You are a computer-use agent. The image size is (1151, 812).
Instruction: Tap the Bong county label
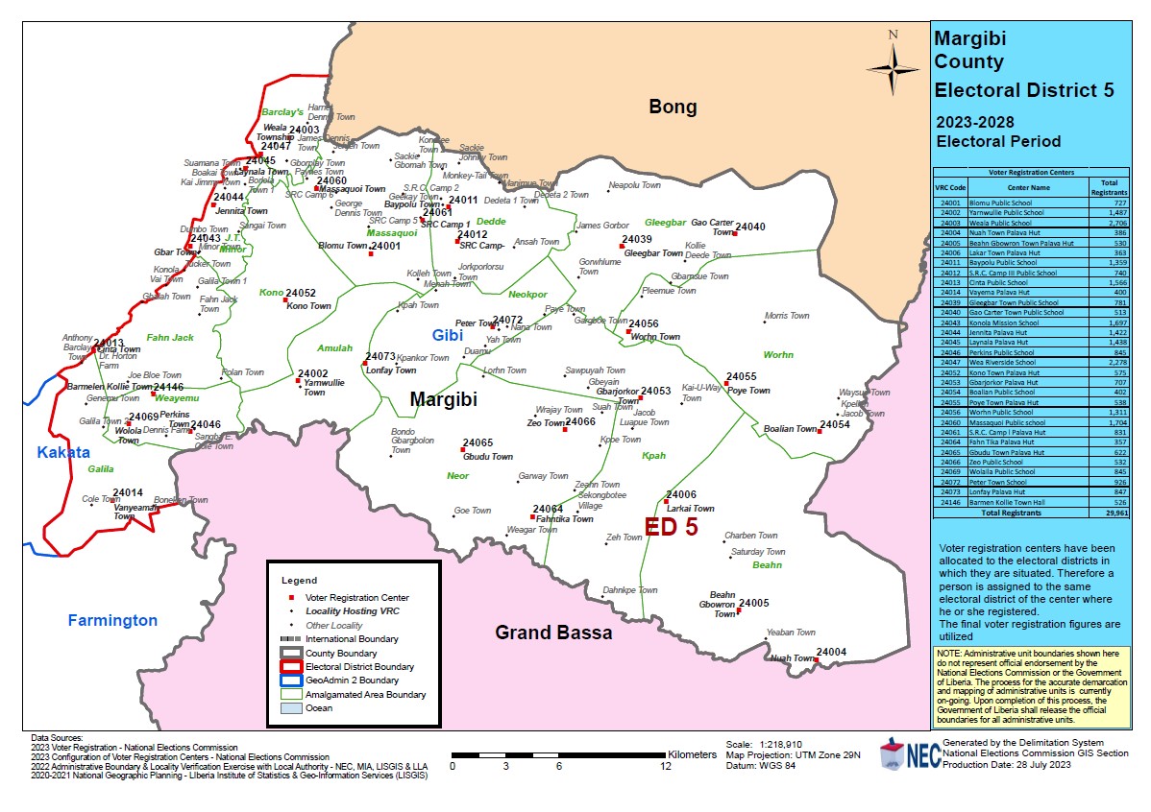(x=673, y=107)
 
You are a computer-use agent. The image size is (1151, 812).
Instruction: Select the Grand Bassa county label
(x=552, y=633)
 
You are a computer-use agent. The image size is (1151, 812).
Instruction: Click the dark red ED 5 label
(x=671, y=527)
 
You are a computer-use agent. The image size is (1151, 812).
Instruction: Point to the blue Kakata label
(x=62, y=452)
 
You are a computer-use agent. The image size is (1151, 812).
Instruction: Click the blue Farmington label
(x=112, y=620)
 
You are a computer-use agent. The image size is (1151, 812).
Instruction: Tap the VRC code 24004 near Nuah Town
(x=831, y=653)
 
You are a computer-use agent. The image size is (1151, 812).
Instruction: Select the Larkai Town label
(x=691, y=509)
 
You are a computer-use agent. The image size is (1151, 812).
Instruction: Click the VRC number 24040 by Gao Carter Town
(x=750, y=227)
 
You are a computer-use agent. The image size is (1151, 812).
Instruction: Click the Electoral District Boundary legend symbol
(x=290, y=667)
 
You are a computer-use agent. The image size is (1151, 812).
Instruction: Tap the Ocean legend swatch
(x=290, y=708)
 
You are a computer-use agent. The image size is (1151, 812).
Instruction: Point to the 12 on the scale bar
(x=665, y=766)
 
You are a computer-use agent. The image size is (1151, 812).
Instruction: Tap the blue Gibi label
(x=447, y=335)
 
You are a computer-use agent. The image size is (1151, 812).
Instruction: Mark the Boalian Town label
(x=790, y=429)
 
